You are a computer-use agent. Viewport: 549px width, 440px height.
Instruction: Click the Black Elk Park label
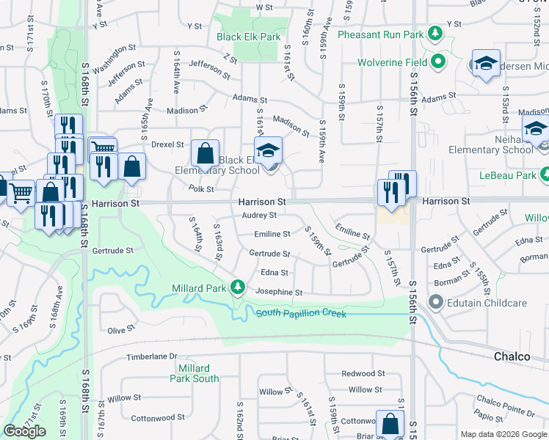[249, 36]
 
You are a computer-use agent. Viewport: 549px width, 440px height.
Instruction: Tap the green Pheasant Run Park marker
[435, 34]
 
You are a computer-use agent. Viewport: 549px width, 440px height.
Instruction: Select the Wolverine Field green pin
[439, 62]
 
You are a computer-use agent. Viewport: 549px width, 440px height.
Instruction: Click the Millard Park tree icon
[237, 287]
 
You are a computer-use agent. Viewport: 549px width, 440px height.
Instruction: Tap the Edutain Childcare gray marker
[436, 302]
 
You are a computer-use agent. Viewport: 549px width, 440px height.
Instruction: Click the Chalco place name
[512, 356]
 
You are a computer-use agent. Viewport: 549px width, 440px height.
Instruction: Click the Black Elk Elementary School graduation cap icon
[269, 150]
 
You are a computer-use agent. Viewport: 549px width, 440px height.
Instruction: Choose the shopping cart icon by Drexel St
[103, 147]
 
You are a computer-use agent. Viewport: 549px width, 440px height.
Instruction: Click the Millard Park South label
[194, 373]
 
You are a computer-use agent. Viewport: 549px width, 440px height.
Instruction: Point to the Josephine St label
[278, 292]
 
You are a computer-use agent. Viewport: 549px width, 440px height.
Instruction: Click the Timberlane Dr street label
[153, 356]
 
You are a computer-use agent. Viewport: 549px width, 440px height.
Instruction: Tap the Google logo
[24, 431]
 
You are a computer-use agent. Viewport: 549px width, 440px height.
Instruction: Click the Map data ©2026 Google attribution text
[503, 434]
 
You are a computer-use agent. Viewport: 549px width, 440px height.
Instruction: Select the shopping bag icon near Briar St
[390, 424]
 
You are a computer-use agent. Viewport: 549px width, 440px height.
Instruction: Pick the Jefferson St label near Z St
[209, 69]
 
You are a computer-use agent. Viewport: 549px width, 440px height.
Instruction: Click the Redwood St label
[363, 374]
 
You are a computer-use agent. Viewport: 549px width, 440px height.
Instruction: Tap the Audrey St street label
[259, 216]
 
